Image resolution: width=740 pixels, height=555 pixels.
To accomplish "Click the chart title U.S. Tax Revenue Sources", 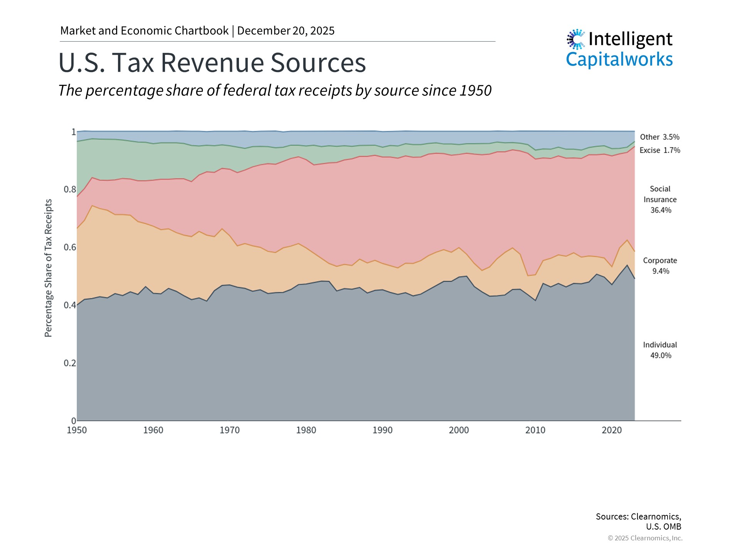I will (x=212, y=62).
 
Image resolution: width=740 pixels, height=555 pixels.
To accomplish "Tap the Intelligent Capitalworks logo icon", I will (x=576, y=39).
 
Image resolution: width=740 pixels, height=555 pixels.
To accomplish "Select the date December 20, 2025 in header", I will (x=286, y=31).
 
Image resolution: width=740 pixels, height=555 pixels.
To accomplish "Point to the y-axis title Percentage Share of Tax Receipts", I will (x=48, y=268).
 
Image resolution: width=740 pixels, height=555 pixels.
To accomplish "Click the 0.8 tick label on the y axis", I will (x=70, y=189).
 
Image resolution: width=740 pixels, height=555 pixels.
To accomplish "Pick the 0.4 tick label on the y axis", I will (x=70, y=305).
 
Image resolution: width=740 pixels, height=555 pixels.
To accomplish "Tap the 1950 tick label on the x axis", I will (x=77, y=430).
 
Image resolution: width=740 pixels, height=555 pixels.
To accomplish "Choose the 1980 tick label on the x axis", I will (x=306, y=430).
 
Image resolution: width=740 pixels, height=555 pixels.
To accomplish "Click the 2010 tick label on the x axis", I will (x=535, y=430).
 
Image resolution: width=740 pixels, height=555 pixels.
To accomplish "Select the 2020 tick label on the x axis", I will (x=612, y=430).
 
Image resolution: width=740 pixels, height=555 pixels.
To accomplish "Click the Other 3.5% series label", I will (x=659, y=137).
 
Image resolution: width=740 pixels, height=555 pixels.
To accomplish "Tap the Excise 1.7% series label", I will (x=659, y=150).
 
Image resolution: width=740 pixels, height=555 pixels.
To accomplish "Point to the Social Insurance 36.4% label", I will (x=660, y=200).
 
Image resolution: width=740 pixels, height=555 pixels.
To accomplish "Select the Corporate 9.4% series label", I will (x=660, y=266).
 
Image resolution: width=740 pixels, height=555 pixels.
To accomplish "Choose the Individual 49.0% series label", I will (x=660, y=350).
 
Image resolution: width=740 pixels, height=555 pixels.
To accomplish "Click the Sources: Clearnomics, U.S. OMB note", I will (x=638, y=521).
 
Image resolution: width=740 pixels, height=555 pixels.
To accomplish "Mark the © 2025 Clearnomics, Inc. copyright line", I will (x=645, y=538).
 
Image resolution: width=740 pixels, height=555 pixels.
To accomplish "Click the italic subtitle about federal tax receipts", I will (x=275, y=91).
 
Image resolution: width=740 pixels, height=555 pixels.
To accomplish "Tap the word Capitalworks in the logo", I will (x=619, y=60).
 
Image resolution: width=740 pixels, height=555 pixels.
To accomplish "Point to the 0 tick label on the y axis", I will (x=73, y=421).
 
